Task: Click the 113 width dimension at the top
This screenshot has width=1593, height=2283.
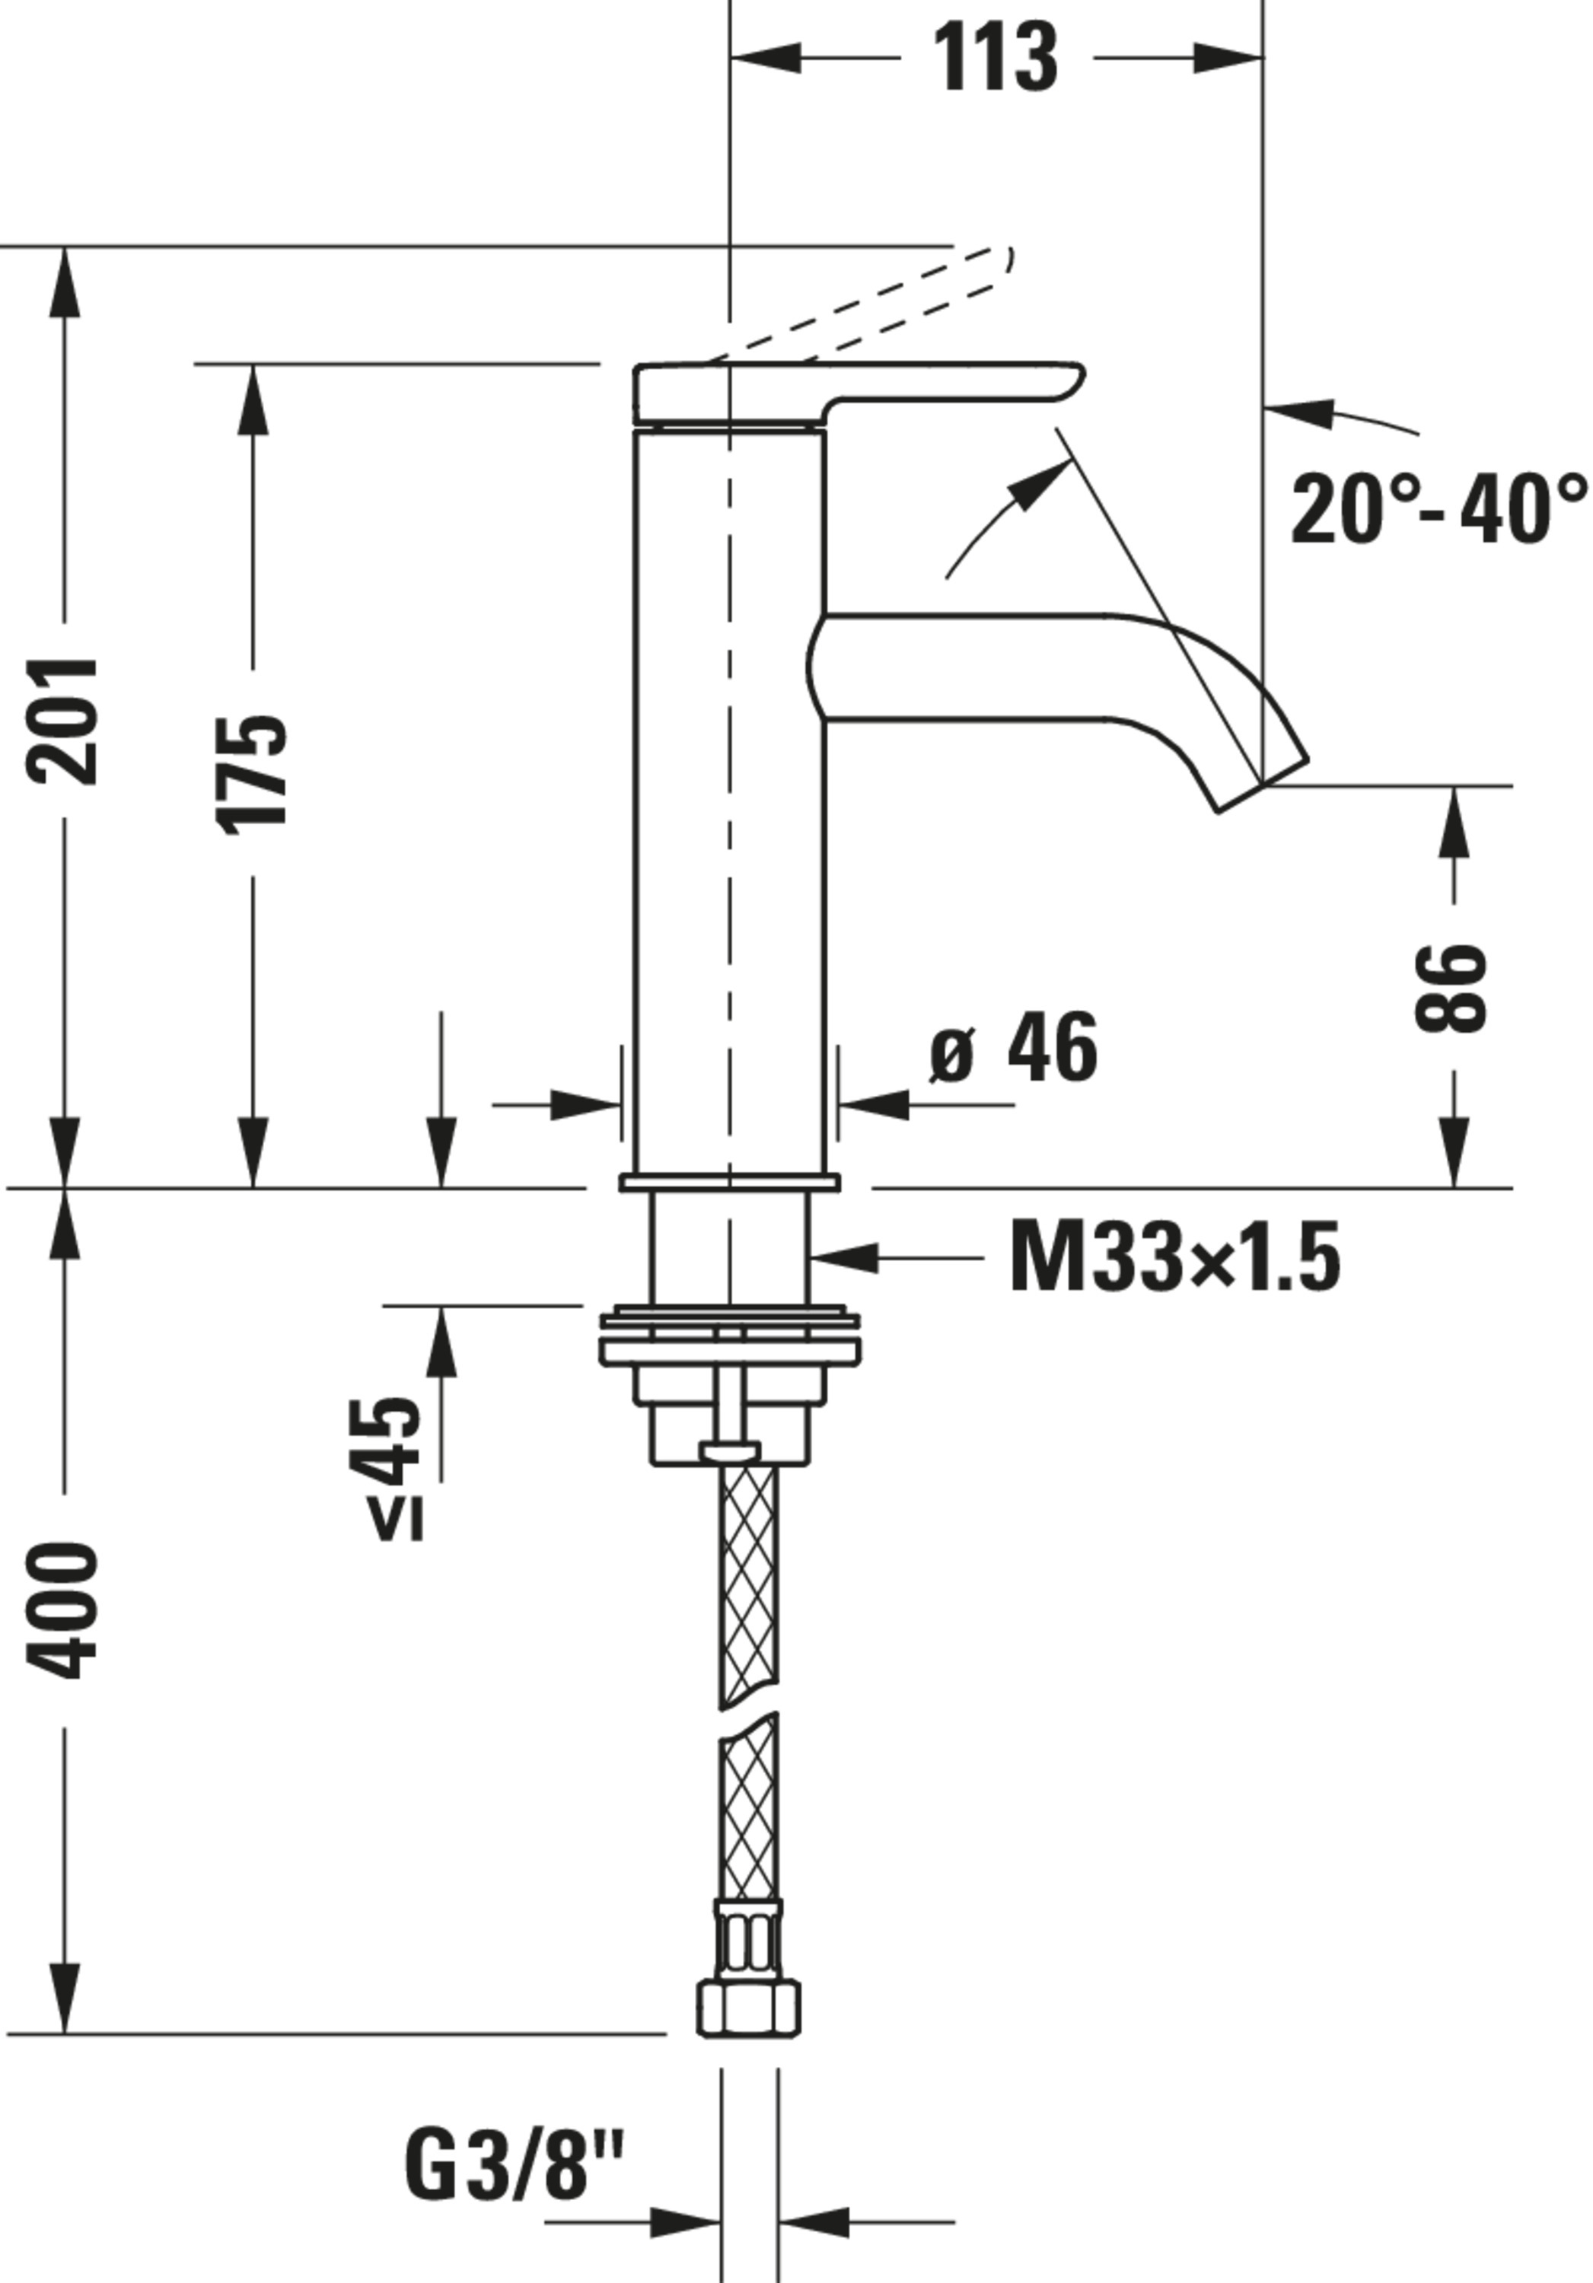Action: [997, 59]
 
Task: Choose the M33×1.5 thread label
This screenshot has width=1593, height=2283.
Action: [1174, 1258]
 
